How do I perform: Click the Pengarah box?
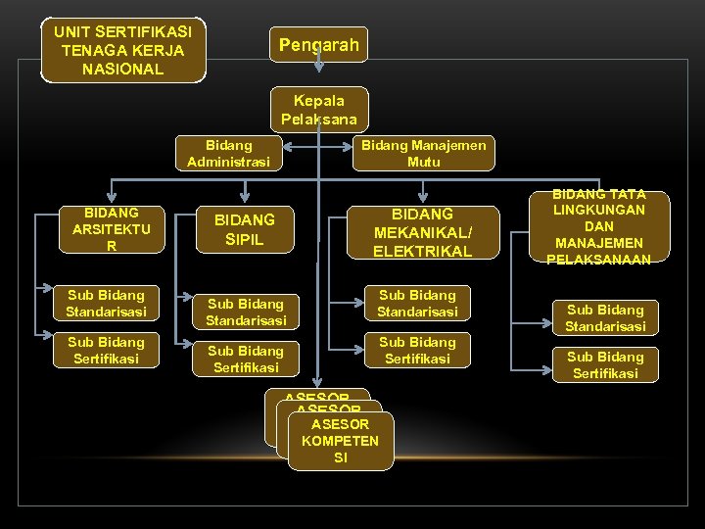[318, 44]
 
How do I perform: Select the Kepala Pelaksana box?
[319, 109]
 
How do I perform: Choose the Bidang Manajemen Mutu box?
[424, 153]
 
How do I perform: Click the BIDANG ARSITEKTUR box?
[111, 229]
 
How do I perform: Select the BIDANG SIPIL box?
[245, 229]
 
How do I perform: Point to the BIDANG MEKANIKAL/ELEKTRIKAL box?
[422, 232]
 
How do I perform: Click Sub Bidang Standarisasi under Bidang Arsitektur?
[106, 303]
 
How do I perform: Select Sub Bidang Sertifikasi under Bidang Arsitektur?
[106, 350]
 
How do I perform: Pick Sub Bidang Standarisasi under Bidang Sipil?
[246, 312]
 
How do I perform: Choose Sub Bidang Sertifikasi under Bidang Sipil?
[246, 359]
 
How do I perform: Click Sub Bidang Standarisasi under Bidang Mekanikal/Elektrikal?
[418, 303]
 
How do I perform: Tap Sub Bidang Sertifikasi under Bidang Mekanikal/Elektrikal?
[418, 350]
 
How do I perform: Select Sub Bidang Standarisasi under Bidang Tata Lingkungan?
[605, 317]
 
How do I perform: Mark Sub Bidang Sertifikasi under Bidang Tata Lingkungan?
[605, 364]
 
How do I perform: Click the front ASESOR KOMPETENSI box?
[340, 441]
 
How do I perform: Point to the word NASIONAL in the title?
[123, 70]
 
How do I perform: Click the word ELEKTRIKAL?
[422, 250]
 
